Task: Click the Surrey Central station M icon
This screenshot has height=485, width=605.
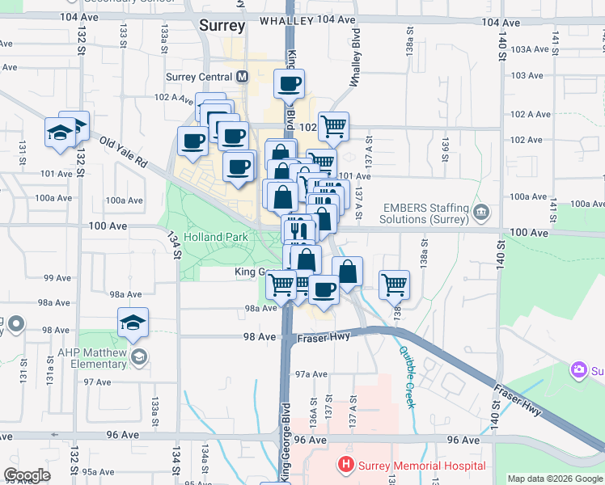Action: click(242, 78)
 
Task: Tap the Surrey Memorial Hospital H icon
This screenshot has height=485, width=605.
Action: click(345, 466)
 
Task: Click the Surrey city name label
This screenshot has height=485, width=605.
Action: click(222, 26)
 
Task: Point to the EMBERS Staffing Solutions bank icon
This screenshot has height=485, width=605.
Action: click(481, 213)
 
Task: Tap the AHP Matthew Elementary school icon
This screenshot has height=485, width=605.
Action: click(139, 356)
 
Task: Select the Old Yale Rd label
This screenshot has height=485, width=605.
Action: click(123, 151)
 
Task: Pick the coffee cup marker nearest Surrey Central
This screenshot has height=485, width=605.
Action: click(289, 82)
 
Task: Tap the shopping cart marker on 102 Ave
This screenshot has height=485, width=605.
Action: click(333, 125)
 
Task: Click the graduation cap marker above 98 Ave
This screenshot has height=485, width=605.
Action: click(133, 322)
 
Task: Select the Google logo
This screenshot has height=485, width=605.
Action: click(27, 475)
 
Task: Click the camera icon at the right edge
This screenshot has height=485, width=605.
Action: click(579, 371)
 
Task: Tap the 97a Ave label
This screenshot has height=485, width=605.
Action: click(311, 374)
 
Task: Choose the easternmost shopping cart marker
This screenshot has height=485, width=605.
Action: click(394, 283)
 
